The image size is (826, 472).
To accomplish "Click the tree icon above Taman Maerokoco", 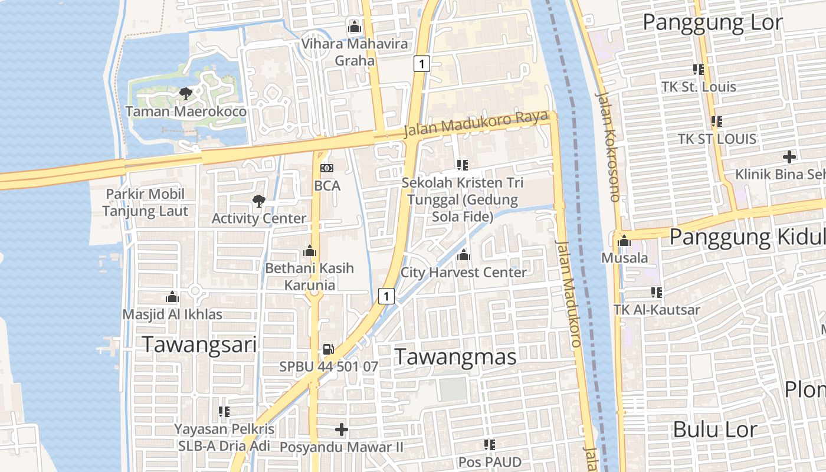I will point(186,93).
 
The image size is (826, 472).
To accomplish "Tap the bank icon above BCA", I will point(327,168).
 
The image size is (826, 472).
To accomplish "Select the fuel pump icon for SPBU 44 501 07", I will point(329,349).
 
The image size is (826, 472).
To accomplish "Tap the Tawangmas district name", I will point(455,356).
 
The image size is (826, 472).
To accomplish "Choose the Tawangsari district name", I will point(200,344).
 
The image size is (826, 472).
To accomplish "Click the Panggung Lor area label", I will point(712,22).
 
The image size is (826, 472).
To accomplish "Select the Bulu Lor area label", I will point(714,429).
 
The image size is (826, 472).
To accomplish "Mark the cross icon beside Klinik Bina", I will point(789,157).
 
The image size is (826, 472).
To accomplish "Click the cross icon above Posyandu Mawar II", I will point(342,430).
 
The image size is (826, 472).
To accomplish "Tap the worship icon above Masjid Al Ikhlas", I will point(172,297).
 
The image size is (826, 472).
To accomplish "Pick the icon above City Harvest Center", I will point(464,255).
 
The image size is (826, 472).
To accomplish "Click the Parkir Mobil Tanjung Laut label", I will point(145,202).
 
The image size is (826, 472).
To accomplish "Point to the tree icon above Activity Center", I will point(258,201).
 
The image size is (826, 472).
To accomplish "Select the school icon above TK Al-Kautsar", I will point(656,292).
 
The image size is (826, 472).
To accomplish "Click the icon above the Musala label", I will point(624,240).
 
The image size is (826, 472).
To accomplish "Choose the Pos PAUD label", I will point(490,461).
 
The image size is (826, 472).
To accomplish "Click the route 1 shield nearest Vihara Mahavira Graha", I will point(421,64).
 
